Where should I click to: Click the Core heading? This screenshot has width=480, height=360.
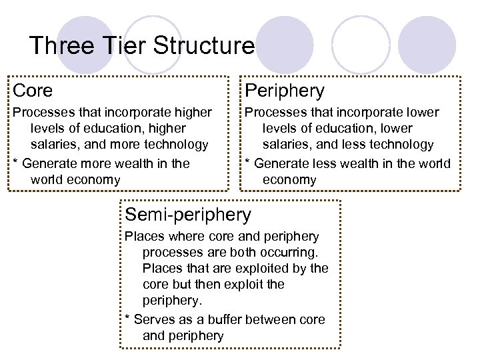click(x=33, y=90)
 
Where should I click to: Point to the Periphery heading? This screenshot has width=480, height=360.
click(x=285, y=90)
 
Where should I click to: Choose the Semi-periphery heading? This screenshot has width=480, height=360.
click(x=189, y=215)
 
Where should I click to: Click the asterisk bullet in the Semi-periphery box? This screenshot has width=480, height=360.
click(x=128, y=320)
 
